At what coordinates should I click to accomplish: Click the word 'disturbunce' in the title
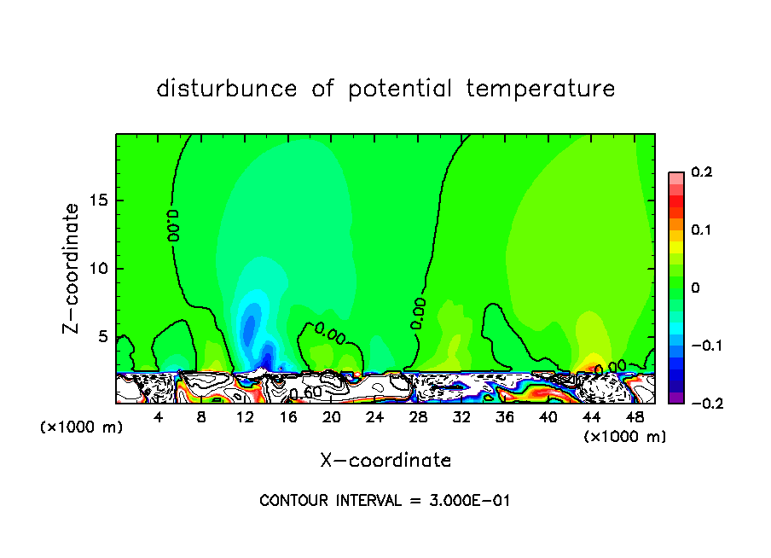point(227,89)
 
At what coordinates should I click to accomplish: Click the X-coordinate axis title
point(385,461)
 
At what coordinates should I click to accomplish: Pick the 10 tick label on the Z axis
point(99,269)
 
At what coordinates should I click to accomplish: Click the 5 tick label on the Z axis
point(103,336)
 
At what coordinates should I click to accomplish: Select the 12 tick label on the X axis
point(245,417)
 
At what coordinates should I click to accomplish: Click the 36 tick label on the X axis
point(505,417)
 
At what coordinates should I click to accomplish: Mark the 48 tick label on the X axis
point(635,417)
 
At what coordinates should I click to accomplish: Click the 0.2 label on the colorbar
point(701,172)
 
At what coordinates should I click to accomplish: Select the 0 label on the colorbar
point(695,288)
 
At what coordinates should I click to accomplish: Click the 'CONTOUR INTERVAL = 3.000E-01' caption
point(385,501)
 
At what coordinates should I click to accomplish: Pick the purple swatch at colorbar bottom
point(675,397)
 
